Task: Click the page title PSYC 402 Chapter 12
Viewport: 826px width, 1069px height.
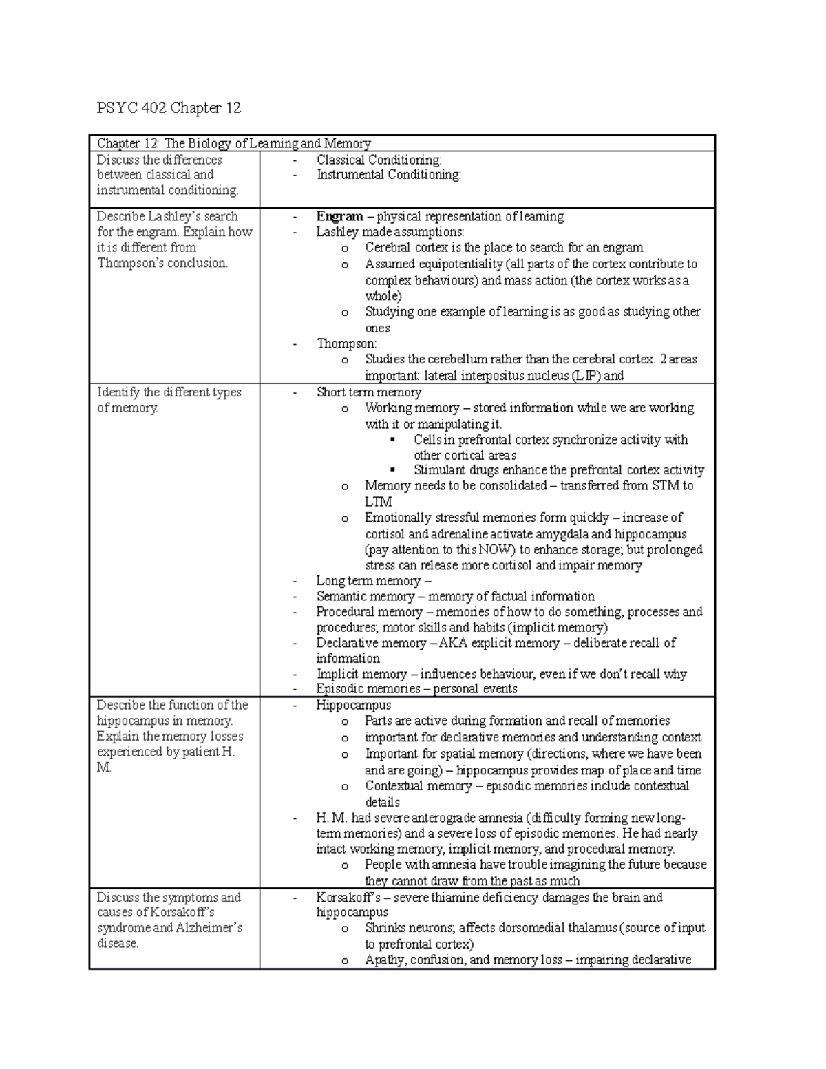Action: [x=169, y=108]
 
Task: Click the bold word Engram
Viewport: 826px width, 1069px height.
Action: [x=339, y=217]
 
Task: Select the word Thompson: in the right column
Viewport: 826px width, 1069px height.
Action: [x=347, y=343]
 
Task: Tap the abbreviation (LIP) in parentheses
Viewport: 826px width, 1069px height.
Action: [x=590, y=376]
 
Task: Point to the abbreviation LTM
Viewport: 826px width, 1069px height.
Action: [x=378, y=502]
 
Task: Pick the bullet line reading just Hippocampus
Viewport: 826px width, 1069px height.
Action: [x=353, y=706]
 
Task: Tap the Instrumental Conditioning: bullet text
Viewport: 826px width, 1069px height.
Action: [x=388, y=175]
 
